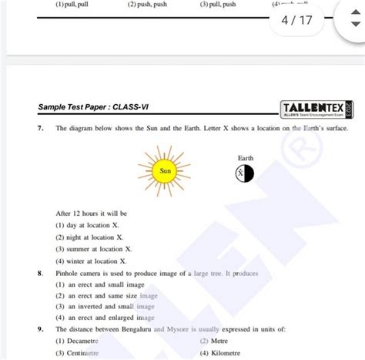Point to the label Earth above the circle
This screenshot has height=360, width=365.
245,158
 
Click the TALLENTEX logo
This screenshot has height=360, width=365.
317,108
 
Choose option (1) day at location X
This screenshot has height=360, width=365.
89,225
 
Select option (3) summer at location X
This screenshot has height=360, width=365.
95,249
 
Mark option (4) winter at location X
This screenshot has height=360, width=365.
92,261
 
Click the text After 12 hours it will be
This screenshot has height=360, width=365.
92,213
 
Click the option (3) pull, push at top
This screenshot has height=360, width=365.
224,5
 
